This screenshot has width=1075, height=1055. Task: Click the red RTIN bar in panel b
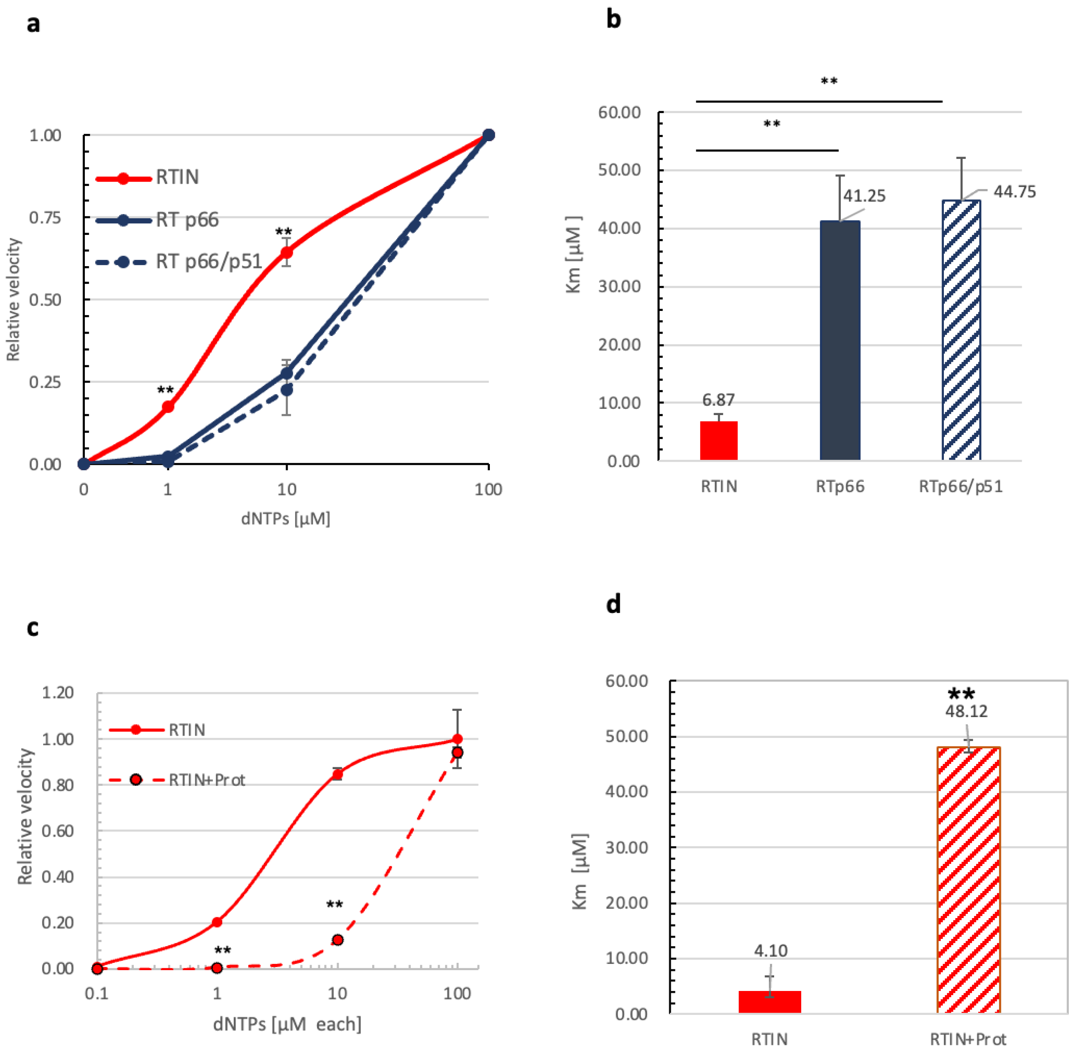click(x=719, y=441)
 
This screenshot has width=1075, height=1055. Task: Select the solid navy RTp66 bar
click(x=840, y=340)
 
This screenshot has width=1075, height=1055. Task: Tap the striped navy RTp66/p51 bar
click(x=961, y=330)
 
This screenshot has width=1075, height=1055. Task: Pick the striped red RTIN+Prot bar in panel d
click(x=969, y=880)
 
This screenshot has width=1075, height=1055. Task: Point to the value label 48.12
click(x=966, y=711)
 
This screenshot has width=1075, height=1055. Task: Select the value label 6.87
click(x=718, y=400)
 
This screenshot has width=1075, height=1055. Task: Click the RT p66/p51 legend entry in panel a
click(x=179, y=261)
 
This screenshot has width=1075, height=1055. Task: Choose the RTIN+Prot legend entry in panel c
click(x=177, y=780)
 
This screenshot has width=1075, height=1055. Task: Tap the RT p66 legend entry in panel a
click(x=157, y=220)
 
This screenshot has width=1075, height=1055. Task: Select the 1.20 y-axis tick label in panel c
click(x=57, y=693)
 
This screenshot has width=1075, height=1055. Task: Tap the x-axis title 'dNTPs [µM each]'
click(x=287, y=1024)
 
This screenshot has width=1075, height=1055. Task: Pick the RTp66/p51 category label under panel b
click(x=961, y=486)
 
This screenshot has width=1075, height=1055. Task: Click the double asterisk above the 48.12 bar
click(x=961, y=693)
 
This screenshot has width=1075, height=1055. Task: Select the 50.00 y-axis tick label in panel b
click(x=619, y=170)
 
